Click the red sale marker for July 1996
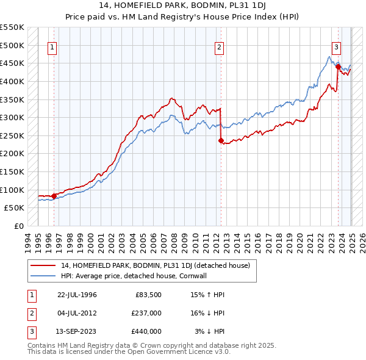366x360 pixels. click(x=54, y=196)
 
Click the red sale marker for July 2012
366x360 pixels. click(x=221, y=140)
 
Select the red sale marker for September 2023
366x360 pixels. click(x=338, y=67)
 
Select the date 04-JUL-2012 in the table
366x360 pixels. click(x=77, y=313)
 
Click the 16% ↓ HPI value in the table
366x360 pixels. click(x=207, y=313)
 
